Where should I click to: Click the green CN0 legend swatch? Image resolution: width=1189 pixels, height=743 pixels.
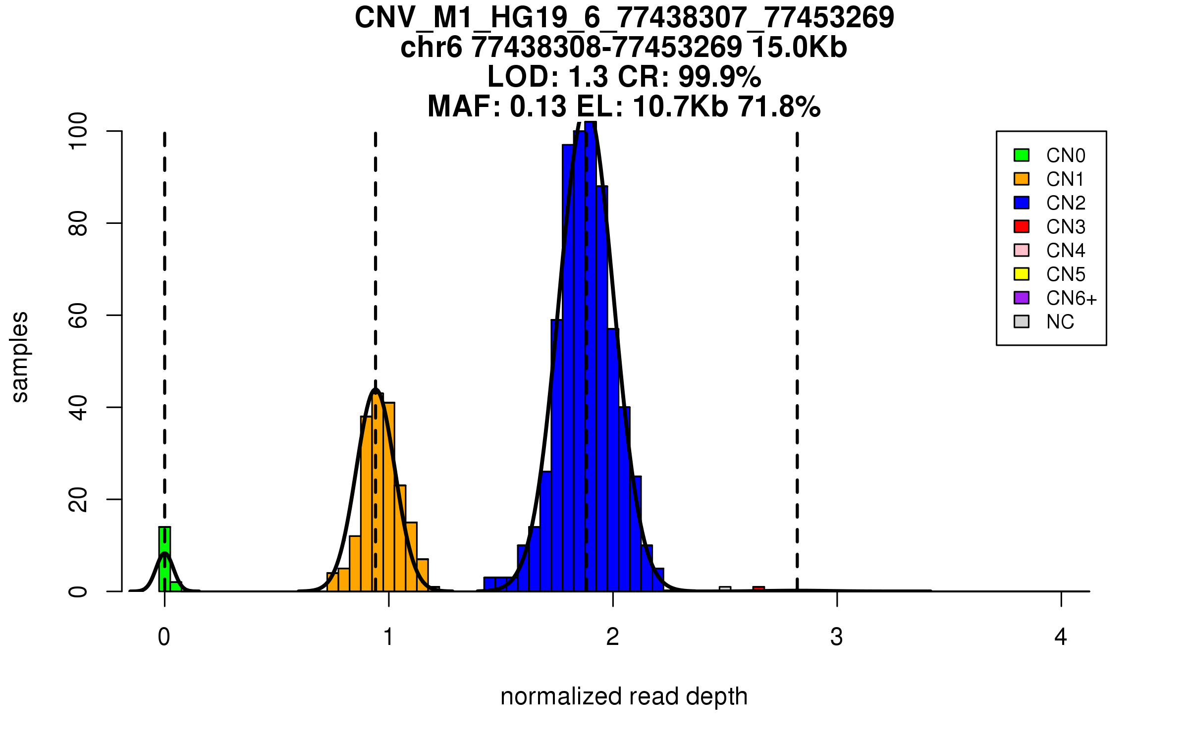point(1022,155)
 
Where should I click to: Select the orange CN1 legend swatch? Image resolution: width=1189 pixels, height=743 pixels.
point(1022,179)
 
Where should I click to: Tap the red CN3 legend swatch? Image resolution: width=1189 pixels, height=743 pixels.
point(1022,226)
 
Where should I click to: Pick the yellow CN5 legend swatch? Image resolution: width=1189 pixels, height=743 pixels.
point(1022,274)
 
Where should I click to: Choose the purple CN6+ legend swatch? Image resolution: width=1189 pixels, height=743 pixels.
point(1022,298)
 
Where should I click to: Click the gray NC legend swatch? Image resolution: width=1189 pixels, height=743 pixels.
point(1022,321)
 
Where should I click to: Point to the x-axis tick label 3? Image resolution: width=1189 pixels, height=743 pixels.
point(837,637)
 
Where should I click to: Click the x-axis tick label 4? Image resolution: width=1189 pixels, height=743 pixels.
point(1061,637)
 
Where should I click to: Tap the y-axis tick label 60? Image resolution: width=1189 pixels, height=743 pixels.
point(78,316)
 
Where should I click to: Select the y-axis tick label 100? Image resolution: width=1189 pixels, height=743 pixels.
point(78,131)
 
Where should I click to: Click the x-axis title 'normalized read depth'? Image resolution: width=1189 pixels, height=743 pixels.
point(624,696)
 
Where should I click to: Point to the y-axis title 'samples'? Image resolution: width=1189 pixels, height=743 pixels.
point(20,357)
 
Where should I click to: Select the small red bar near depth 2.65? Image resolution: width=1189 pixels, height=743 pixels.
point(758,589)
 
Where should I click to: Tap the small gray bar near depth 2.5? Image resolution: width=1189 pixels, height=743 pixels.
point(725,589)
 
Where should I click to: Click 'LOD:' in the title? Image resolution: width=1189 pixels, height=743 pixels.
point(523,77)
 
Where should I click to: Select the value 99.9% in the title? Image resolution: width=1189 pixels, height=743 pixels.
point(719,77)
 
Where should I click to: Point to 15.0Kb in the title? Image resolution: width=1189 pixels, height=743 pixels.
point(799,48)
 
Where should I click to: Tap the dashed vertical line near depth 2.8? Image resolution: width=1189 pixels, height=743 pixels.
point(797,347)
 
